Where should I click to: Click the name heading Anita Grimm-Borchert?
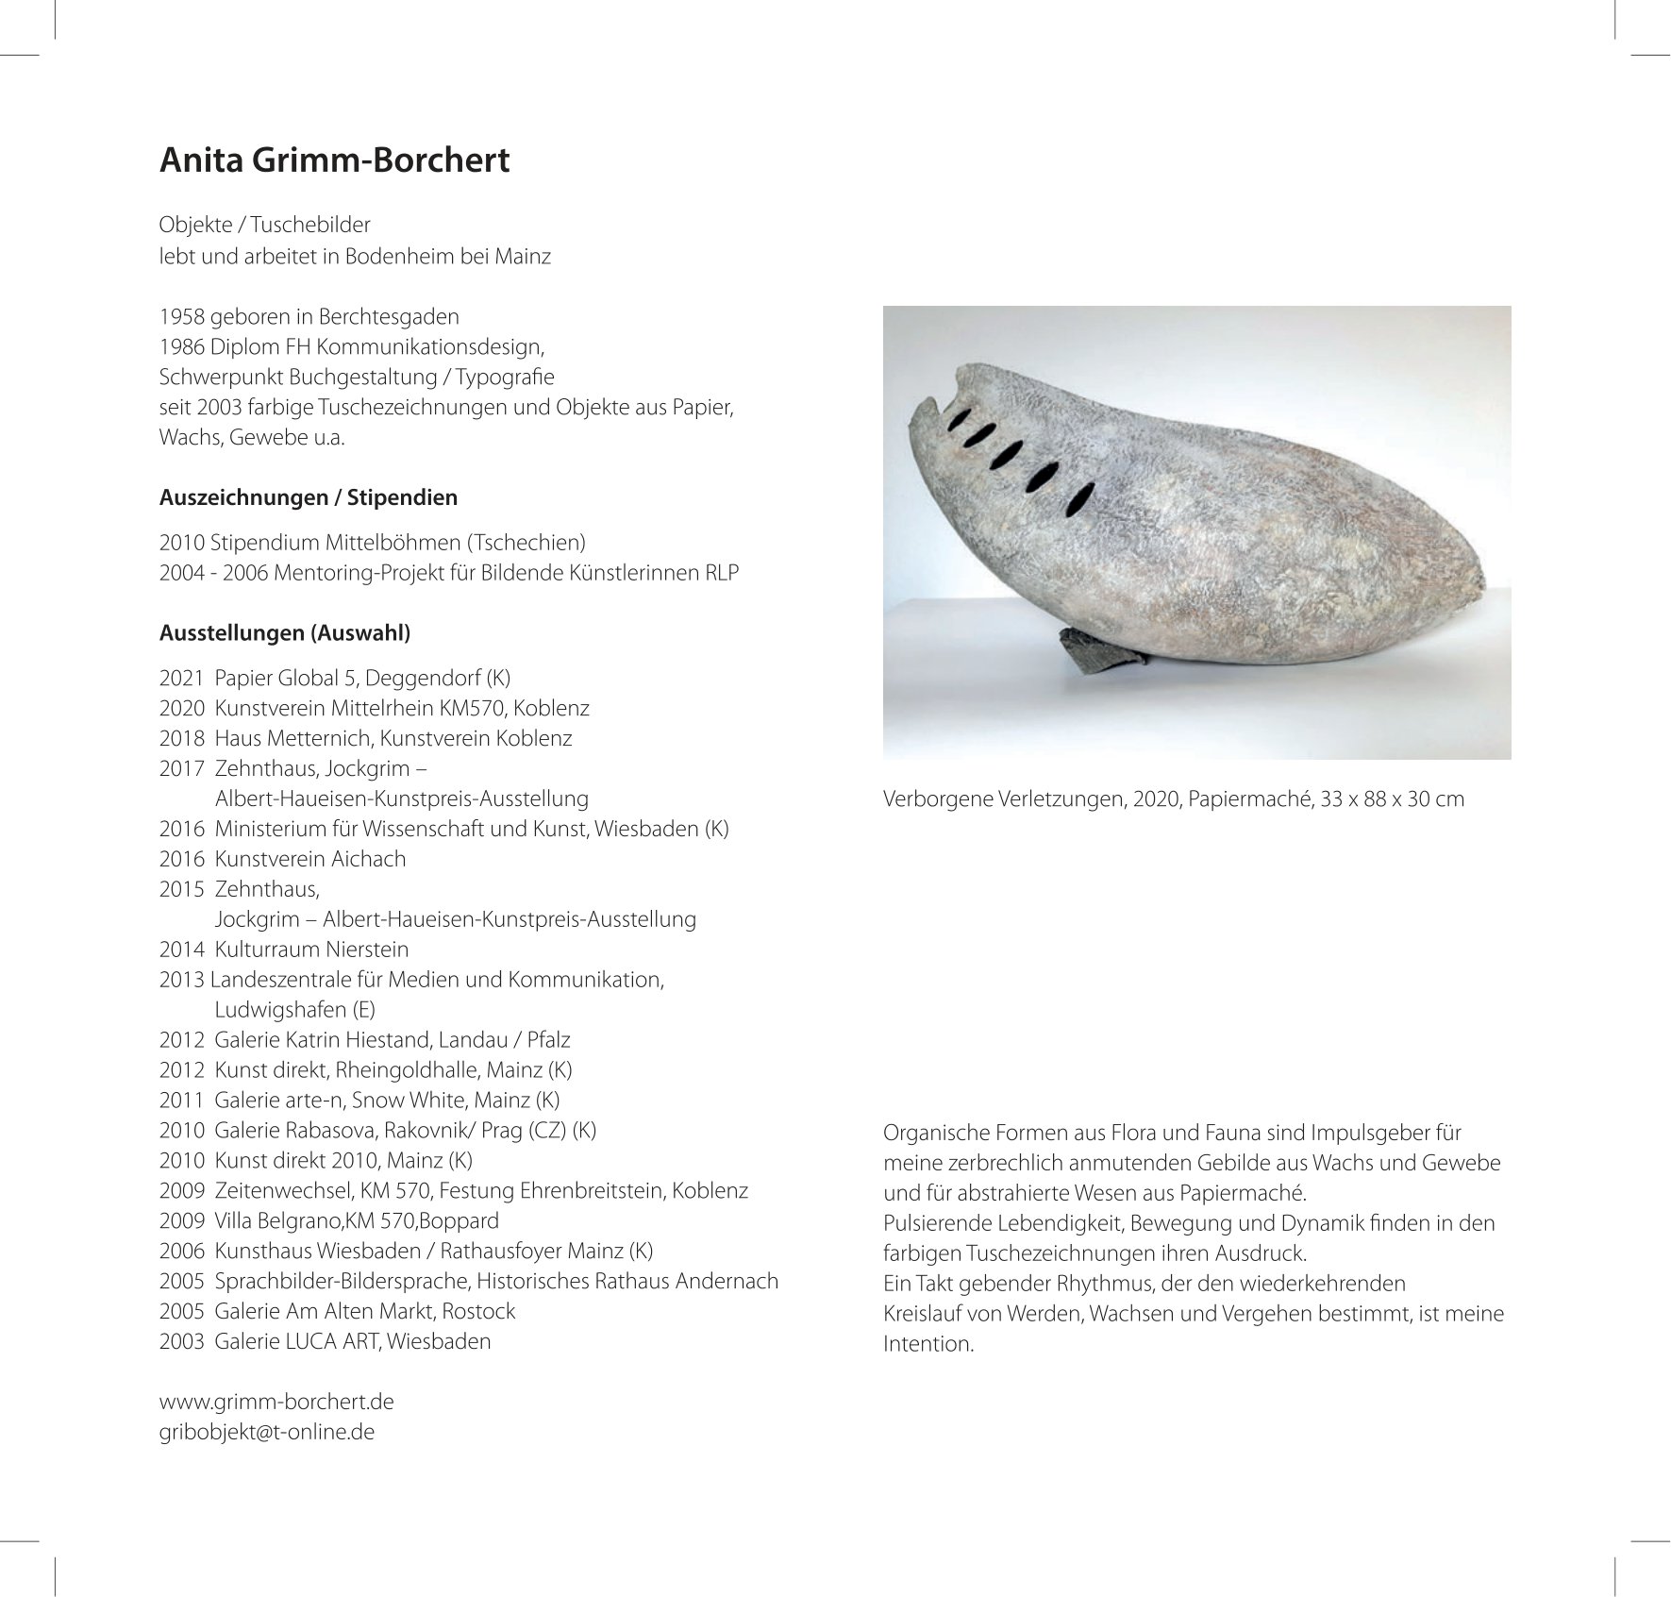334,160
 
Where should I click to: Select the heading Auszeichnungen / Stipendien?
308,497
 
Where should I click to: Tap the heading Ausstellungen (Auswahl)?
284,632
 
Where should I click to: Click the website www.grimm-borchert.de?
276,1401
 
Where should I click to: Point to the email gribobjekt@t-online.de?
267,1431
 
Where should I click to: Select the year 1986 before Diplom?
181,346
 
